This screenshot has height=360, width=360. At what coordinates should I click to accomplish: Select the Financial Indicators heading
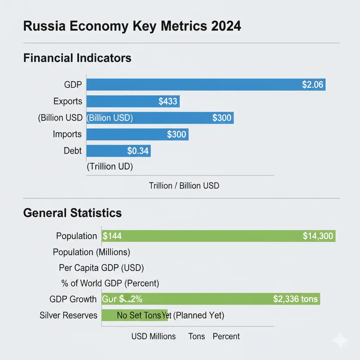[77, 58]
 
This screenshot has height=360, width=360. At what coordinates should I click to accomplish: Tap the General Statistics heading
[72, 213]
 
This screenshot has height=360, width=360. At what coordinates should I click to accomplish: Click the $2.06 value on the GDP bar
[312, 85]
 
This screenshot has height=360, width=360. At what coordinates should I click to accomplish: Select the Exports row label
[68, 102]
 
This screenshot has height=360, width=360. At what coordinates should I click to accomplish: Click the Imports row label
[67, 134]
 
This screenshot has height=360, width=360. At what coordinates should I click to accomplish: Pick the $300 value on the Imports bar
[177, 134]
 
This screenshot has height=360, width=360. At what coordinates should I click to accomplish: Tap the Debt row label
[73, 151]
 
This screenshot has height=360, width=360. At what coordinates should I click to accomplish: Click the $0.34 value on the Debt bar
[138, 151]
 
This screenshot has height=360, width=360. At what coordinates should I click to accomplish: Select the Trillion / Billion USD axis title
[184, 186]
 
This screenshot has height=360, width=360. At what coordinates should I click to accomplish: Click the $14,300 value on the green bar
[317, 236]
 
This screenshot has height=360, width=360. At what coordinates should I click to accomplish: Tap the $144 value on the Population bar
[112, 236]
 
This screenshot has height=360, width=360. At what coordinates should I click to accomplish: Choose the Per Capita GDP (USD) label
[102, 268]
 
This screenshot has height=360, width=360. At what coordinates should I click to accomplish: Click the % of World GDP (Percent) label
[110, 283]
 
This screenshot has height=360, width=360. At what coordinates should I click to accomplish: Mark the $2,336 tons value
[295, 299]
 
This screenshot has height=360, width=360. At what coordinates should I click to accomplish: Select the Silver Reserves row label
[69, 315]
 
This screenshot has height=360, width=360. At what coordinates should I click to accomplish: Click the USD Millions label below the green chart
[154, 336]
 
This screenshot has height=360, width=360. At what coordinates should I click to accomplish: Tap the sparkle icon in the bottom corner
[340, 340]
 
